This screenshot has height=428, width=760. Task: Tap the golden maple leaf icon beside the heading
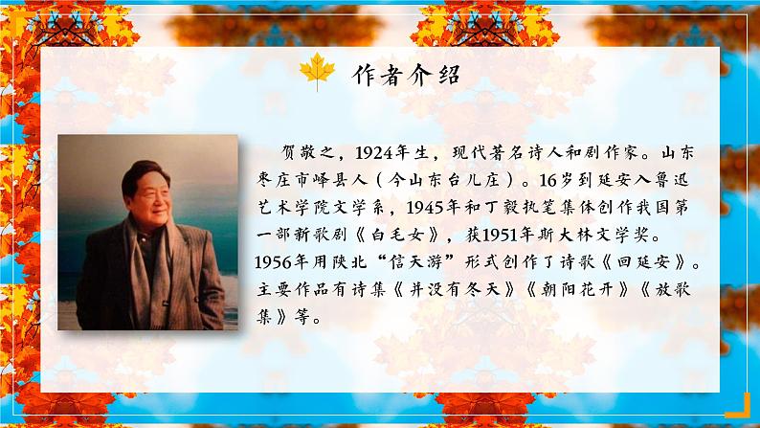pos(316,73)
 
